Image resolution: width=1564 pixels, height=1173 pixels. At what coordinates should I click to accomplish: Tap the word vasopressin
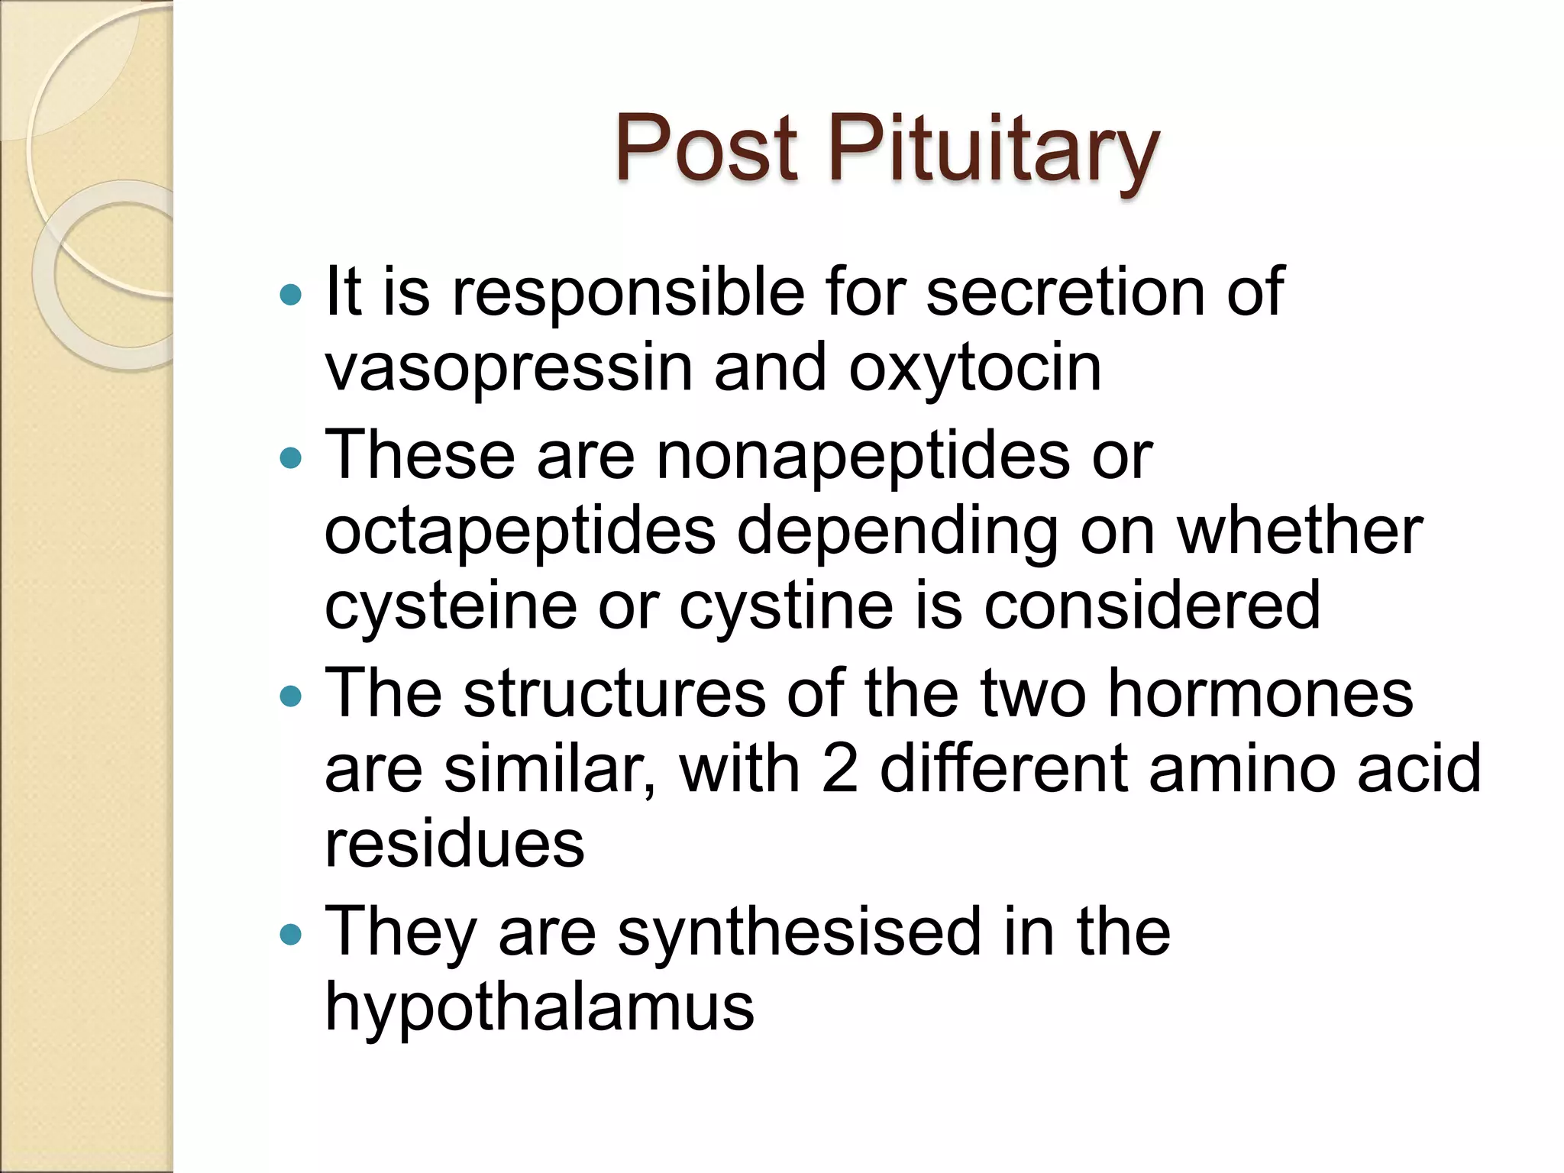coord(509,368)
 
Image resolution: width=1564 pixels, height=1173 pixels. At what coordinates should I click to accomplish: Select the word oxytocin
coord(974,368)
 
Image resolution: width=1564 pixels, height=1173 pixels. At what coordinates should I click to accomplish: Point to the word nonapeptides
coord(863,456)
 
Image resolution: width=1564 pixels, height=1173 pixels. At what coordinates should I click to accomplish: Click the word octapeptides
coord(520,532)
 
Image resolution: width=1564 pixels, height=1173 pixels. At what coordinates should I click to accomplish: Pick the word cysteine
coord(451,606)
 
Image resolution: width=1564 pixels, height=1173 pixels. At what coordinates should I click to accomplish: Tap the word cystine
coord(787,606)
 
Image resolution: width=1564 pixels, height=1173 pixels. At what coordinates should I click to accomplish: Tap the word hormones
coord(1260,694)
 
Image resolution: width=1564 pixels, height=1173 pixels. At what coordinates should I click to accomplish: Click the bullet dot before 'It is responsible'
coord(291,295)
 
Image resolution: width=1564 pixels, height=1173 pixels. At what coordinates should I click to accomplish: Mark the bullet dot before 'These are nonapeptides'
coord(291,458)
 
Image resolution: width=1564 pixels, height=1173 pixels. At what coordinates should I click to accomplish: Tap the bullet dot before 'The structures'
coord(291,696)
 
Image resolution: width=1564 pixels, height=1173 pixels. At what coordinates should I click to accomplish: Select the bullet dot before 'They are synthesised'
coord(291,935)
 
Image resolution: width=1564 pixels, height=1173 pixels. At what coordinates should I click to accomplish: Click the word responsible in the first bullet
coord(628,294)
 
